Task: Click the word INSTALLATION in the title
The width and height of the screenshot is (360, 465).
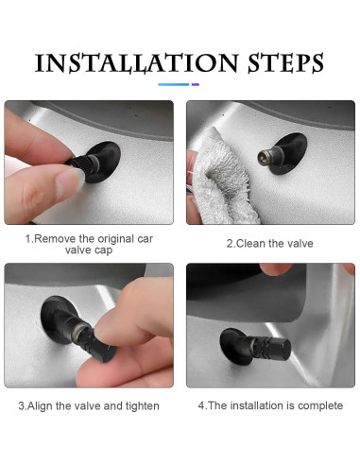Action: [136, 63]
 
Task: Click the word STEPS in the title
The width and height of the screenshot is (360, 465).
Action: [286, 63]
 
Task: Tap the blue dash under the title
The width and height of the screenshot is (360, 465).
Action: [174, 84]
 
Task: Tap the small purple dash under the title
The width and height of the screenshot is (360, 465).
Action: [196, 84]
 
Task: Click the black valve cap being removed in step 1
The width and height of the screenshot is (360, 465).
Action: [78, 163]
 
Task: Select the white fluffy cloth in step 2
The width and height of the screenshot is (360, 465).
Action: [220, 178]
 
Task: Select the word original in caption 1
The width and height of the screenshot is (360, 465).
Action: [116, 239]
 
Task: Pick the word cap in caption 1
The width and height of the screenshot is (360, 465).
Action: [104, 250]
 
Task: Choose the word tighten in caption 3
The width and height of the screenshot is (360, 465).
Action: [143, 406]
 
